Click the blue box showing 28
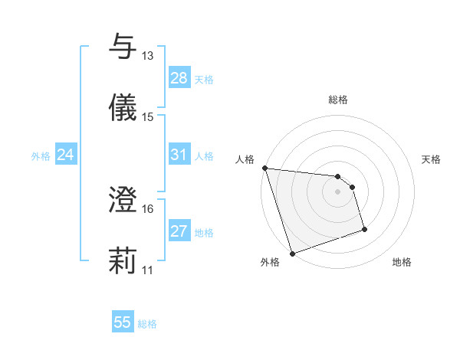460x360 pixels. [x=179, y=78]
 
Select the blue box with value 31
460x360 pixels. [x=179, y=155]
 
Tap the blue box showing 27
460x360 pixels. [x=179, y=231]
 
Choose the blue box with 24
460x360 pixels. [x=65, y=155]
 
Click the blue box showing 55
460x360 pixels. [x=123, y=322]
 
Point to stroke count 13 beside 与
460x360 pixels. [x=147, y=55]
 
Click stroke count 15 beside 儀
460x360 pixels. [x=147, y=116]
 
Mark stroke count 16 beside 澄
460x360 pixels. [x=147, y=208]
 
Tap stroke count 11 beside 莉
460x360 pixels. [x=147, y=270]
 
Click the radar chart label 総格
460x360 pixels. [x=338, y=100]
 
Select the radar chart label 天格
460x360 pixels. [x=431, y=159]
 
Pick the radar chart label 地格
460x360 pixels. [x=402, y=262]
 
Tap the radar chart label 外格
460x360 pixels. [x=270, y=262]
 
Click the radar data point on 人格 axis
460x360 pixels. [x=264, y=168]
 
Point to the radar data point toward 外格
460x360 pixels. [x=292, y=252]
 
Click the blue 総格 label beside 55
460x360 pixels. [x=147, y=324]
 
